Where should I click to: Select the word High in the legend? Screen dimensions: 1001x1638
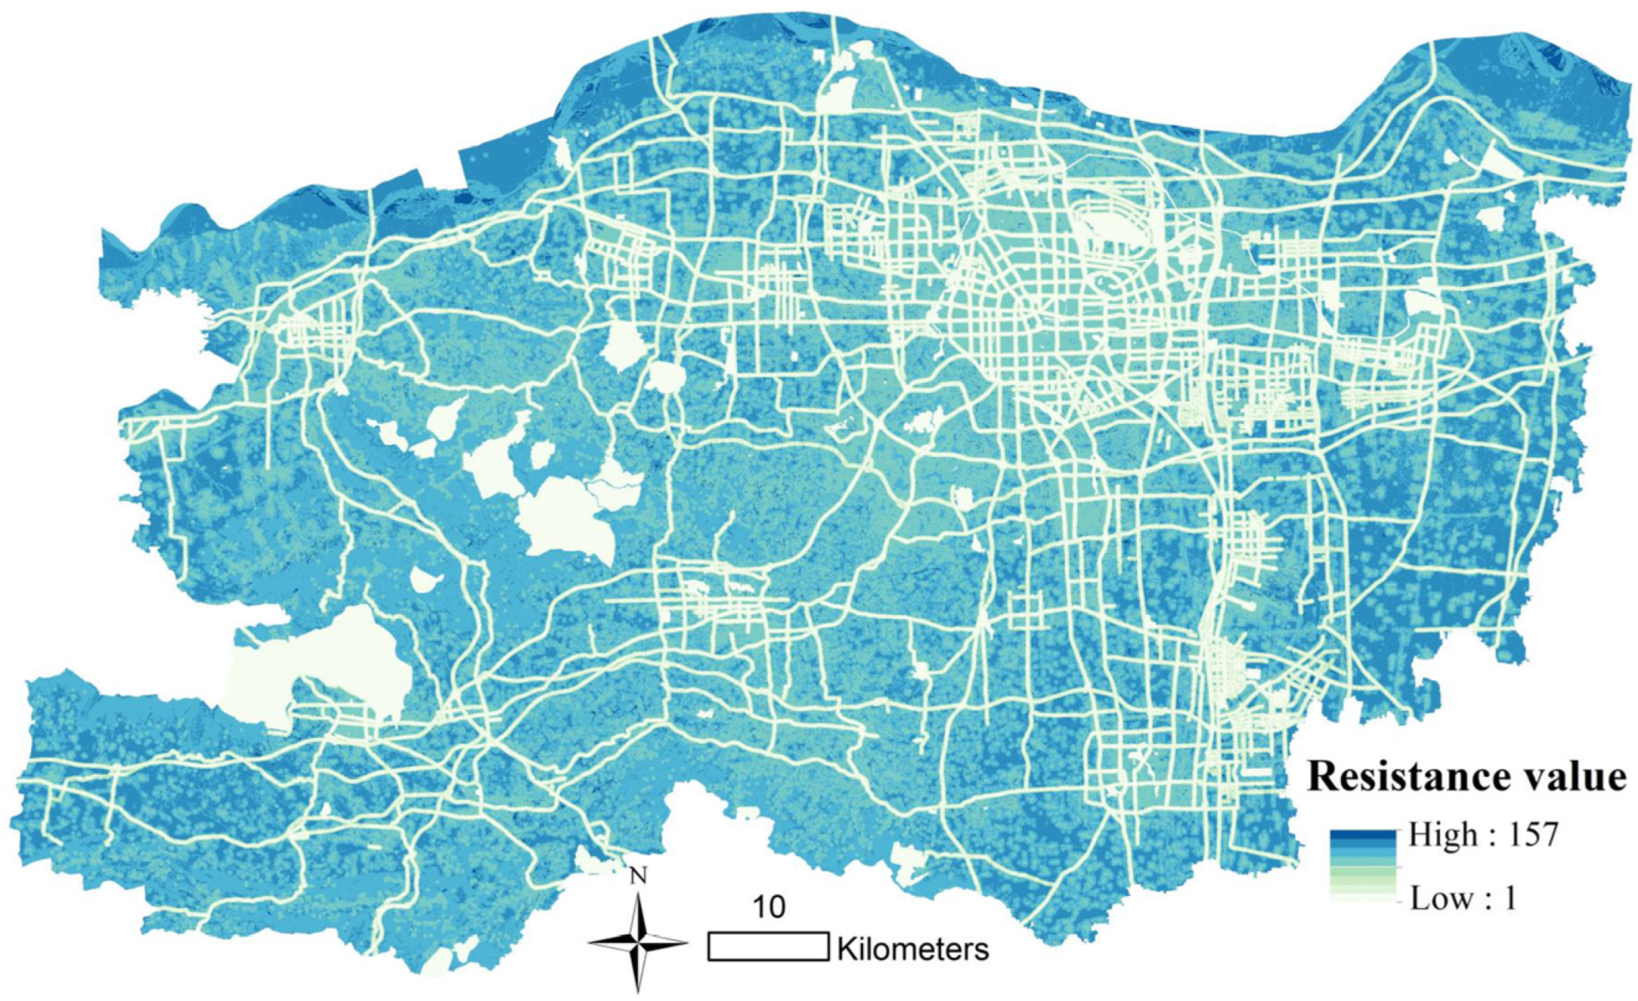click(x=1436, y=835)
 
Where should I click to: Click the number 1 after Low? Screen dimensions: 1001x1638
click(x=1508, y=899)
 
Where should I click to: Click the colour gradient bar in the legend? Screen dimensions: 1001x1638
click(x=1363, y=866)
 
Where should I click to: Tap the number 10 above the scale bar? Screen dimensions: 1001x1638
click(x=768, y=907)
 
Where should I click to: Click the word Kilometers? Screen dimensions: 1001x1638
click(x=913, y=948)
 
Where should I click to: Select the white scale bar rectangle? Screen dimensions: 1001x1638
click(x=768, y=947)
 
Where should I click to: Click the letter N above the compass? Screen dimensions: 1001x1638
click(x=638, y=876)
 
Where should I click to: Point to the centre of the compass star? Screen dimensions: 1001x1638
click(x=638, y=943)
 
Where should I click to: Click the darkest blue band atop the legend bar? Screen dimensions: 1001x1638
click(x=1363, y=835)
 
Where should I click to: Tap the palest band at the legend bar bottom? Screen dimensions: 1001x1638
click(x=1363, y=898)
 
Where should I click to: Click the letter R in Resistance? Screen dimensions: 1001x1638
click(x=1322, y=777)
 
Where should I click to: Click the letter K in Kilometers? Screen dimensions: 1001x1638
click(x=845, y=948)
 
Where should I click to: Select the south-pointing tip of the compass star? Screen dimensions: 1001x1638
click(x=638, y=991)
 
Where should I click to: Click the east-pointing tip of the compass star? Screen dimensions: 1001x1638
click(x=687, y=943)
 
